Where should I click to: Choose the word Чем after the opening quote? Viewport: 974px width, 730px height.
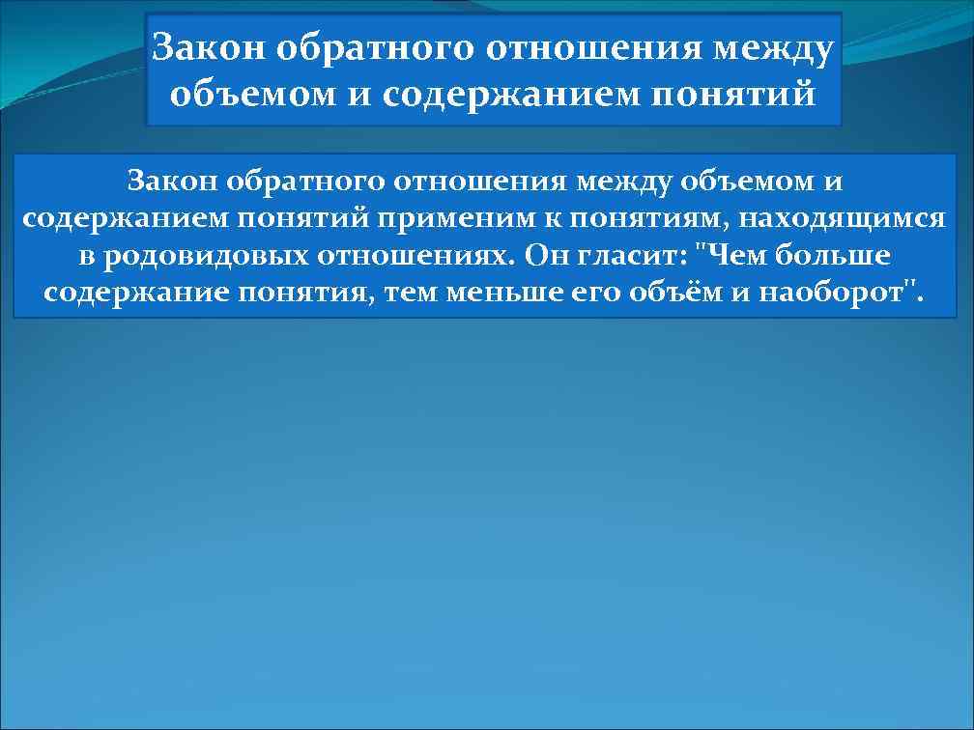[735, 256]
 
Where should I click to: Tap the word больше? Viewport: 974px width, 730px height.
[837, 256]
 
